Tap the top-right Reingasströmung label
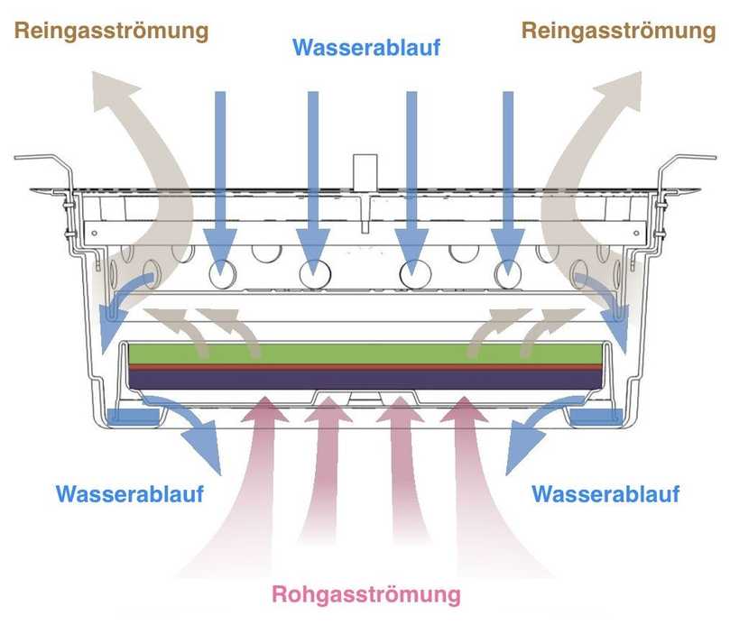619,32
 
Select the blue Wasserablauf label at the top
365,47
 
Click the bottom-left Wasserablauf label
130,494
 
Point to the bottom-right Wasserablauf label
605,494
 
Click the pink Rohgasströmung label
365,595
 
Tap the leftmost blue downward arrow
217,180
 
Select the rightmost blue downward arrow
509,180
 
